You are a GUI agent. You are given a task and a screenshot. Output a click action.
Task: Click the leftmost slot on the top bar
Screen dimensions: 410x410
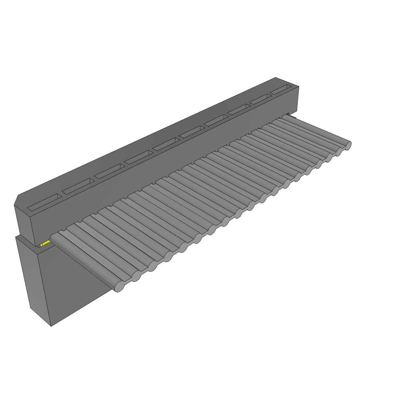coord(45,203)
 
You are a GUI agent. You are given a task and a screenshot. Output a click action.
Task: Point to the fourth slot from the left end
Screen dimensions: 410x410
coord(139,158)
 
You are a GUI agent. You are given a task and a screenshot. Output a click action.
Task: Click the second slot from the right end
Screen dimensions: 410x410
coord(261,100)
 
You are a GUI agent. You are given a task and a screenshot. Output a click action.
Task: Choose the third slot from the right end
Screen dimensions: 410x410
coord(239,110)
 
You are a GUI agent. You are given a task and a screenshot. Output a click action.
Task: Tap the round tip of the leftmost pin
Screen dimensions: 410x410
coord(119,287)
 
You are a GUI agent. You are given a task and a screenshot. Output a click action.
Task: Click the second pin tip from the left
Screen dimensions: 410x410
coord(137,276)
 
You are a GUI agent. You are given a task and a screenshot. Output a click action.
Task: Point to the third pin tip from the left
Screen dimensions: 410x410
coord(153,266)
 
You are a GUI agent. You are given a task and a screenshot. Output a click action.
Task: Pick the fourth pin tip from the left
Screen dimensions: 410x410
coord(169,256)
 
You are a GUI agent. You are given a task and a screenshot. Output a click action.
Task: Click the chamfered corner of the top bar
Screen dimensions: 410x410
coord(17,200)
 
